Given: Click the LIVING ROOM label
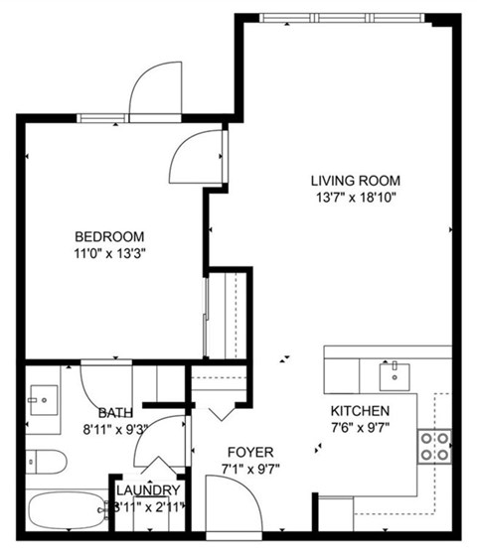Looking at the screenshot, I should [x=355, y=181].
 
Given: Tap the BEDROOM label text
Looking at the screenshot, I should [x=109, y=236].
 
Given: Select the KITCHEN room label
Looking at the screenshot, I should [x=360, y=411].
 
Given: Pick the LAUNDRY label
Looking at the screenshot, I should [x=148, y=490].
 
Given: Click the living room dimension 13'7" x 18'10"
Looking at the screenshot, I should [x=355, y=198].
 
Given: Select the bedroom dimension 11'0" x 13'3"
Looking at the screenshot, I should [x=109, y=253].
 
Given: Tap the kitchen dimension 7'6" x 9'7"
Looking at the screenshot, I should [x=360, y=428].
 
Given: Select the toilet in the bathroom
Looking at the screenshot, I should [x=45, y=461].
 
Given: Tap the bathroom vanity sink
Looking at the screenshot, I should [x=44, y=402].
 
